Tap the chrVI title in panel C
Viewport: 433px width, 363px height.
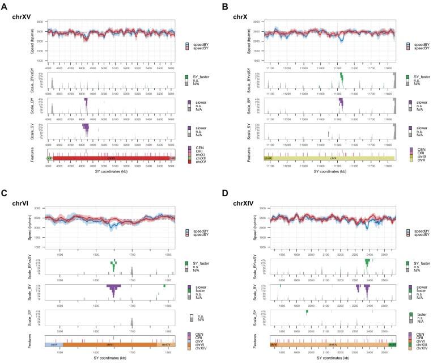pyautogui.click(x=20, y=188)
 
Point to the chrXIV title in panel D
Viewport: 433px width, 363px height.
pyautogui.click(x=243, y=188)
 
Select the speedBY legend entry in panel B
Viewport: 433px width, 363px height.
pyautogui.click(x=418, y=43)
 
